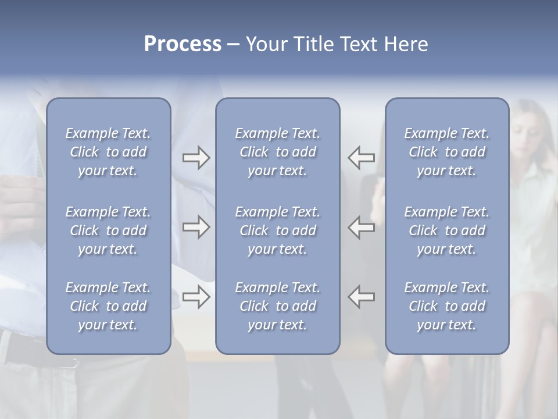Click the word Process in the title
(183, 44)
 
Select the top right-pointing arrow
(196, 158)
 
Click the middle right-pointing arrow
(196, 227)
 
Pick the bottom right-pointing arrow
(196, 297)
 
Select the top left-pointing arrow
(362, 158)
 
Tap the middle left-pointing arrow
(362, 227)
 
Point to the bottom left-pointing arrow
(362, 297)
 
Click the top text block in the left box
(108, 152)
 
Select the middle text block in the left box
(108, 230)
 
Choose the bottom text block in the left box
(108, 306)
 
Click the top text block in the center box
(277, 152)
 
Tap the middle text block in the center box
(277, 230)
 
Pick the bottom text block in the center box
(277, 306)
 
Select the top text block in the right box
(447, 152)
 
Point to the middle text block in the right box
(447, 230)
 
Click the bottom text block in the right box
(447, 306)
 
